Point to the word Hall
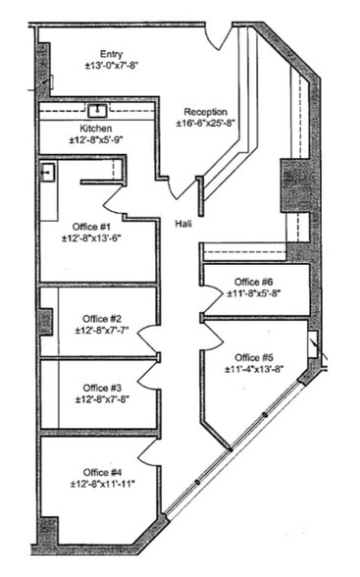click(x=183, y=224)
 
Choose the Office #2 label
click(x=102, y=318)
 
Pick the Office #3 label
click(x=102, y=387)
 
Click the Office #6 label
click(x=254, y=281)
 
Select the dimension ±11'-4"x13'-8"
click(x=254, y=369)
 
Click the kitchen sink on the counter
click(x=98, y=110)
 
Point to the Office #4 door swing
click(x=149, y=451)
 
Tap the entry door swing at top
click(x=219, y=37)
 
